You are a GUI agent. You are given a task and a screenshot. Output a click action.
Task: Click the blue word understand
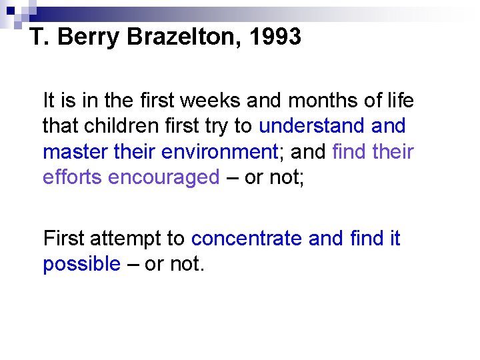click(x=309, y=127)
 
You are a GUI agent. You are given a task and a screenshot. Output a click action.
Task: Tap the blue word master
click(x=71, y=152)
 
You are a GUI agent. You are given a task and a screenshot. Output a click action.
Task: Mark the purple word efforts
click(x=72, y=177)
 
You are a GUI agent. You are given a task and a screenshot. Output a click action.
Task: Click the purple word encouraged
click(x=164, y=177)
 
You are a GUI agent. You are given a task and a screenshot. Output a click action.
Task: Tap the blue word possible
click(x=81, y=264)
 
